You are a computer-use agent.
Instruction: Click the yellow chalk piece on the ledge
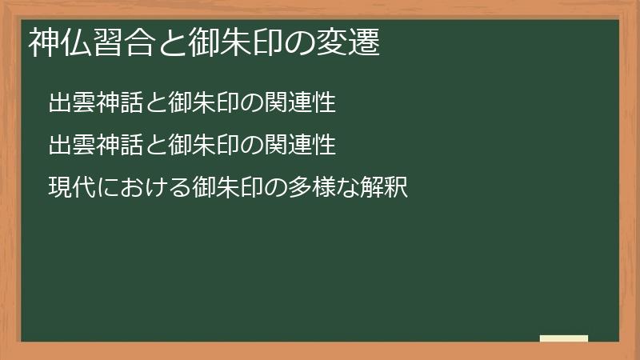[x=563, y=338]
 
